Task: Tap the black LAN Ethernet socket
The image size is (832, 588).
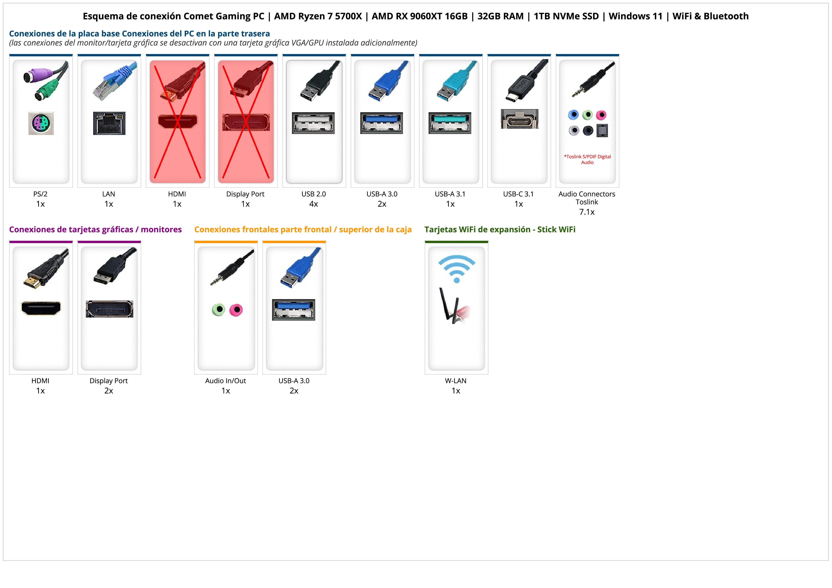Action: pyautogui.click(x=109, y=123)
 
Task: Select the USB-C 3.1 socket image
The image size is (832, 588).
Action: pyautogui.click(x=519, y=119)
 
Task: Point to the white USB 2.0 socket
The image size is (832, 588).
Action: pyautogui.click(x=313, y=123)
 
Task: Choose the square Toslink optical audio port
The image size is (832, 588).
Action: pyautogui.click(x=602, y=130)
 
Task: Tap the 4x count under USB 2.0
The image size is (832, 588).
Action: pyautogui.click(x=314, y=204)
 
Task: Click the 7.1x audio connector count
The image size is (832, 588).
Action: pyautogui.click(x=587, y=212)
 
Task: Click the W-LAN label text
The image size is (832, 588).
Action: pyautogui.click(x=456, y=381)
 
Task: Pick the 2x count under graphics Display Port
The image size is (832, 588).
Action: pyautogui.click(x=109, y=391)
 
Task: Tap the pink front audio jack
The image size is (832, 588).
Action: pyautogui.click(x=236, y=310)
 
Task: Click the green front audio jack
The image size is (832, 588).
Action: pyautogui.click(x=218, y=310)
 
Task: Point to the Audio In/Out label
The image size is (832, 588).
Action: pyautogui.click(x=225, y=381)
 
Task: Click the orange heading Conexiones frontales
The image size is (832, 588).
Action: pyautogui.click(x=303, y=229)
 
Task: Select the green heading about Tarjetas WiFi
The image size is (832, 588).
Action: pyautogui.click(x=500, y=229)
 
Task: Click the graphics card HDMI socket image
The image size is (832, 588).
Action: pyautogui.click(x=41, y=308)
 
